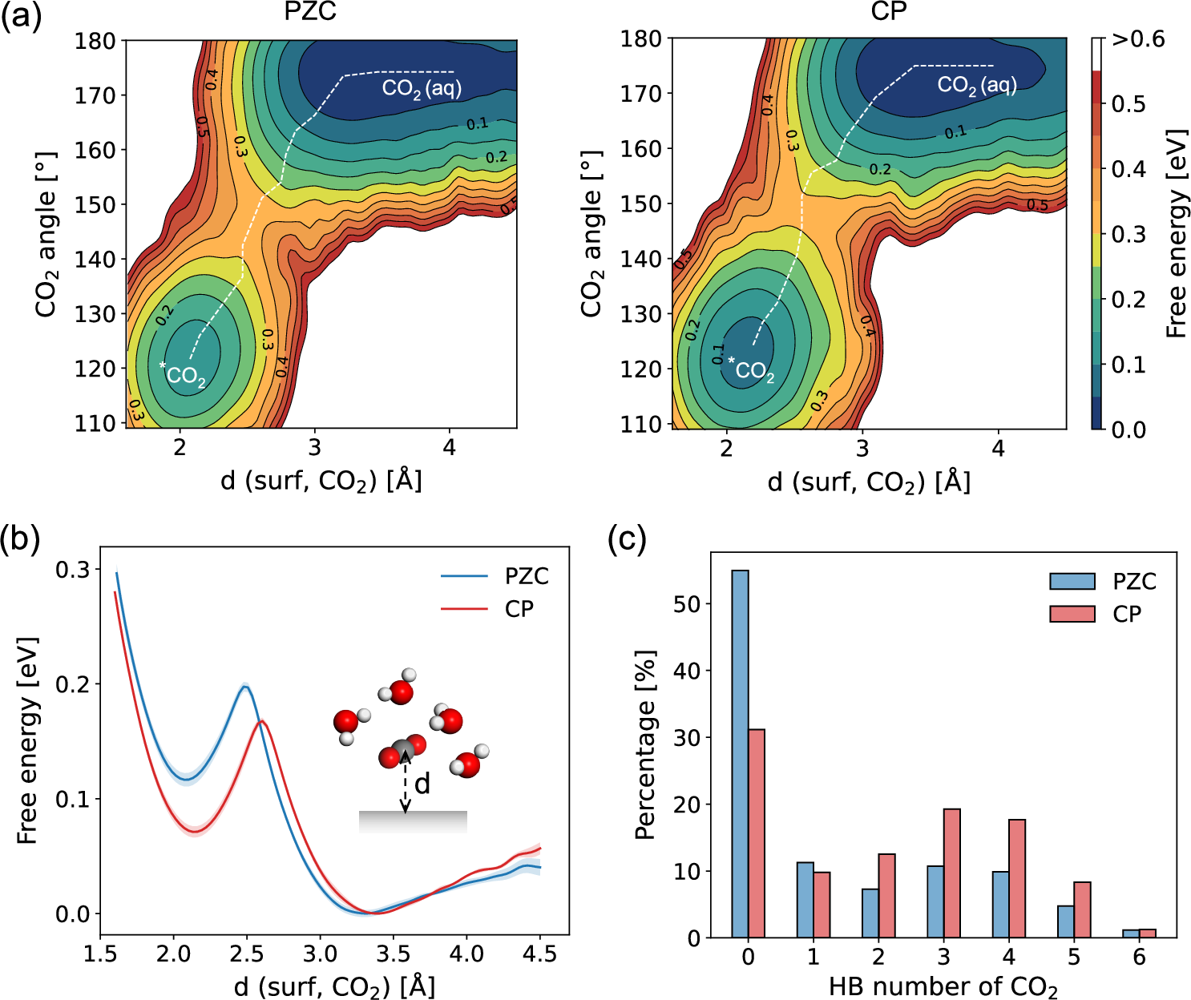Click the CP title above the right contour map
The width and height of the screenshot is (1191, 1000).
coord(888,14)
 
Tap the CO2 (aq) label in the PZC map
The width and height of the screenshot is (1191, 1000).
coord(422,88)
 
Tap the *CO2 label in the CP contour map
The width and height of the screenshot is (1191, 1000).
coord(752,369)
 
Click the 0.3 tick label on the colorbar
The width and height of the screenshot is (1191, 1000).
coord(1128,235)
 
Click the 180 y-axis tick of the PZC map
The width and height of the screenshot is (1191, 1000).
coord(95,41)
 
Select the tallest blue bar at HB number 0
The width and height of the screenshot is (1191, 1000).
coord(740,753)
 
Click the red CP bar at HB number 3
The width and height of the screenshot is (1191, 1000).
coord(952,873)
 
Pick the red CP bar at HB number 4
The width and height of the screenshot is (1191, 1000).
coord(1017,878)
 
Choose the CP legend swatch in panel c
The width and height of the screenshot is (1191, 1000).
coord(1072,614)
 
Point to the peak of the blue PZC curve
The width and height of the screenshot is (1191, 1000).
coord(245,687)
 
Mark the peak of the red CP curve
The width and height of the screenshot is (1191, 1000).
coord(262,721)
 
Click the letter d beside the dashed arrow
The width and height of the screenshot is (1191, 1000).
coord(422,784)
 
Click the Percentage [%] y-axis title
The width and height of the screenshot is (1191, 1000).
coord(645,745)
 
